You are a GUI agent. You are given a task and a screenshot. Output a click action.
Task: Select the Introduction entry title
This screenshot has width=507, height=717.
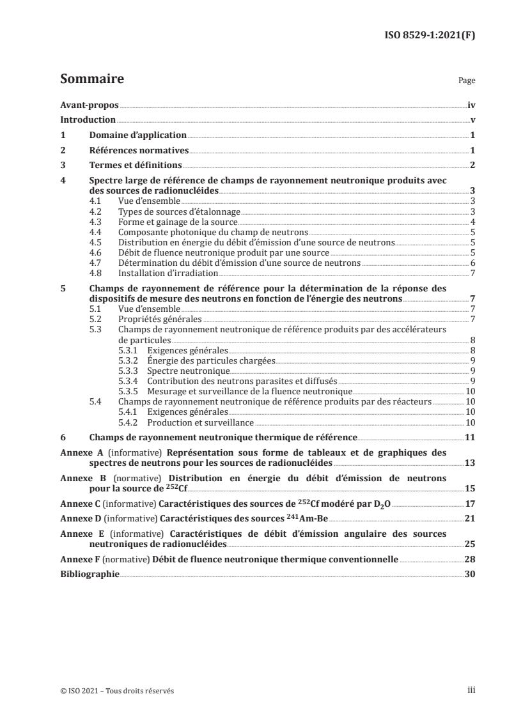pyautogui.click(x=88, y=119)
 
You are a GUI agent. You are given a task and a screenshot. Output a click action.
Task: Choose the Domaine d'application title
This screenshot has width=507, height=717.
pyautogui.click(x=137, y=135)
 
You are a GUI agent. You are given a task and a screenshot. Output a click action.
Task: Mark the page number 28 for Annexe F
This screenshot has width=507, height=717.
pyautogui.click(x=470, y=559)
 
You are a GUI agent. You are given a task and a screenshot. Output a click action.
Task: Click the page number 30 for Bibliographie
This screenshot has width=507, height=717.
pyautogui.click(x=470, y=574)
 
